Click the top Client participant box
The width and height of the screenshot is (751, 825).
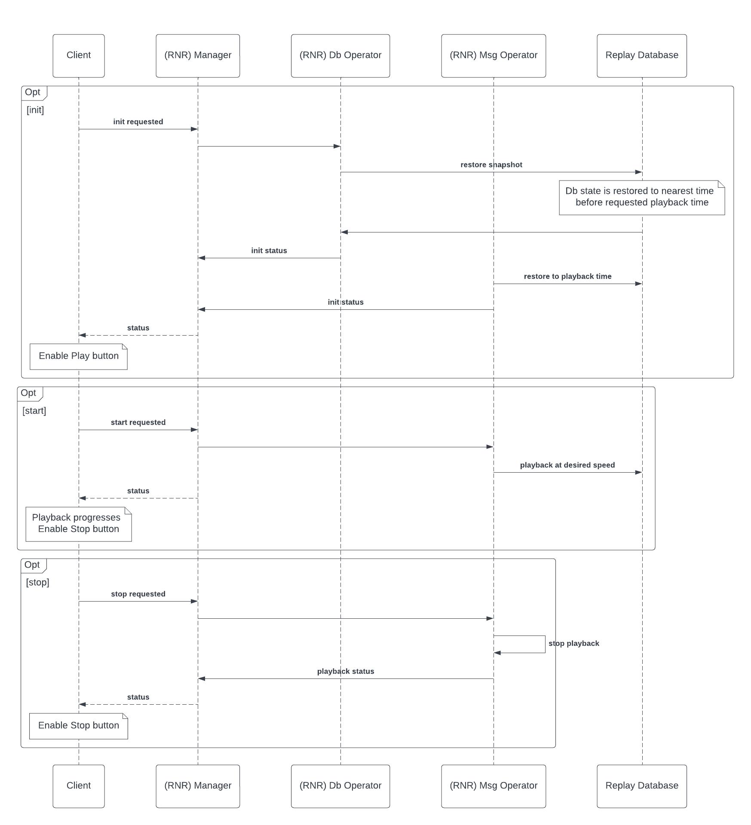(x=79, y=56)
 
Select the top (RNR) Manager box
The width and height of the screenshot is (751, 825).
(x=198, y=56)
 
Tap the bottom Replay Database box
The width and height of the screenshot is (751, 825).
(x=642, y=786)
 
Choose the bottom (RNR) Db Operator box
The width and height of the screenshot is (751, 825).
(x=340, y=786)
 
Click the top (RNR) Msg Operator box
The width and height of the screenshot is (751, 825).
(x=494, y=56)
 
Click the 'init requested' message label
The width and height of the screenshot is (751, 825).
(x=138, y=122)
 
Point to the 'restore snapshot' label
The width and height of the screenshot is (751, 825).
(x=491, y=165)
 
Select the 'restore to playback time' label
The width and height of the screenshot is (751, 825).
(x=567, y=276)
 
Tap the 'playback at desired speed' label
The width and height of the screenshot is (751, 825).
(x=567, y=465)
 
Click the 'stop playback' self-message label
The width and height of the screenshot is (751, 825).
(x=574, y=643)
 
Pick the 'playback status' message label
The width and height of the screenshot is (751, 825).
(x=346, y=671)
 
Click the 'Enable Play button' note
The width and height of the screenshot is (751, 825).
(x=79, y=356)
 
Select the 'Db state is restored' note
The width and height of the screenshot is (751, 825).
(x=642, y=198)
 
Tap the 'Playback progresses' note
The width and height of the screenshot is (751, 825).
(x=79, y=524)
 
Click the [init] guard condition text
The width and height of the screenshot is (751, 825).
(x=35, y=110)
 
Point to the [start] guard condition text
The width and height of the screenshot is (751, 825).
(x=34, y=411)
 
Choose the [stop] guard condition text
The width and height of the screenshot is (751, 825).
(x=38, y=583)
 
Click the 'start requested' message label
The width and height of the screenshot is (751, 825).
(x=138, y=422)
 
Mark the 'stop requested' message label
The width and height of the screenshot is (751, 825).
(x=138, y=594)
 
